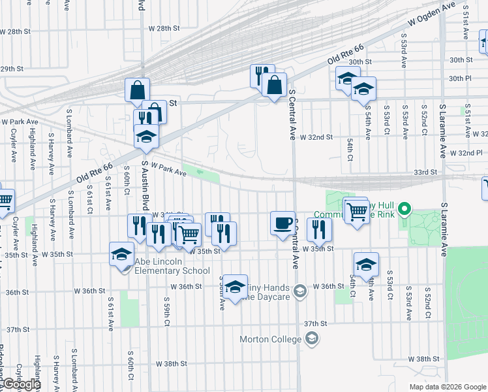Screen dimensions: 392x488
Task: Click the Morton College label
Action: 270,339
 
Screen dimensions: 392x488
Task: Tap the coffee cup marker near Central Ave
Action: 282,223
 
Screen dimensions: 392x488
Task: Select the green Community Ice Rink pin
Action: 404,210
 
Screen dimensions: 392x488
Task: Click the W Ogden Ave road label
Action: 431,14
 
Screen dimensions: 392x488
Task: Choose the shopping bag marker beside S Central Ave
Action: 275,85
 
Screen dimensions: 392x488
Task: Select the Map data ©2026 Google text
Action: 448,387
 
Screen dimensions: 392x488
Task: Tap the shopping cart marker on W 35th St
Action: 189,234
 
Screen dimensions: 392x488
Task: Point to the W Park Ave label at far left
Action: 20,122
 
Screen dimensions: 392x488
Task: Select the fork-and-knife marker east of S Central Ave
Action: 319,229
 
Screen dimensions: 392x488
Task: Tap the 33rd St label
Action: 424,172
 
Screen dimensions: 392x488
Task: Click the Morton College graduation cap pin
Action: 312,338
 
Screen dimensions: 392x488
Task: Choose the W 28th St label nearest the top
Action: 164,28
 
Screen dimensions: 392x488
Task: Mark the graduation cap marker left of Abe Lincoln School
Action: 121,254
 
